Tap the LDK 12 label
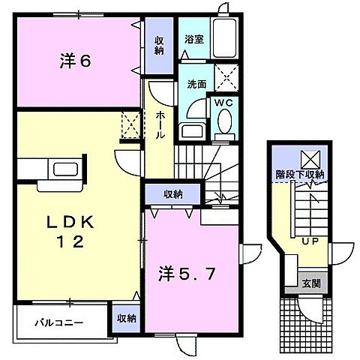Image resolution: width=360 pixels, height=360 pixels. pyautogui.click(x=72, y=232)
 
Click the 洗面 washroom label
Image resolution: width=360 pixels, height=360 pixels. pyautogui.click(x=196, y=85)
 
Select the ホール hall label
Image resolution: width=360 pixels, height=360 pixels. pyautogui.click(x=160, y=126)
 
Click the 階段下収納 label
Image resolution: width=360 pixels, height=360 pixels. pyautogui.click(x=298, y=175)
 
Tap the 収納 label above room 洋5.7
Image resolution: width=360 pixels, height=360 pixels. pyautogui.click(x=173, y=194)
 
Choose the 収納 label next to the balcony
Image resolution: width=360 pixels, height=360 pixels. pyautogui.click(x=126, y=318)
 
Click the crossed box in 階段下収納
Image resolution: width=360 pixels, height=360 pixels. pyautogui.click(x=310, y=159)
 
